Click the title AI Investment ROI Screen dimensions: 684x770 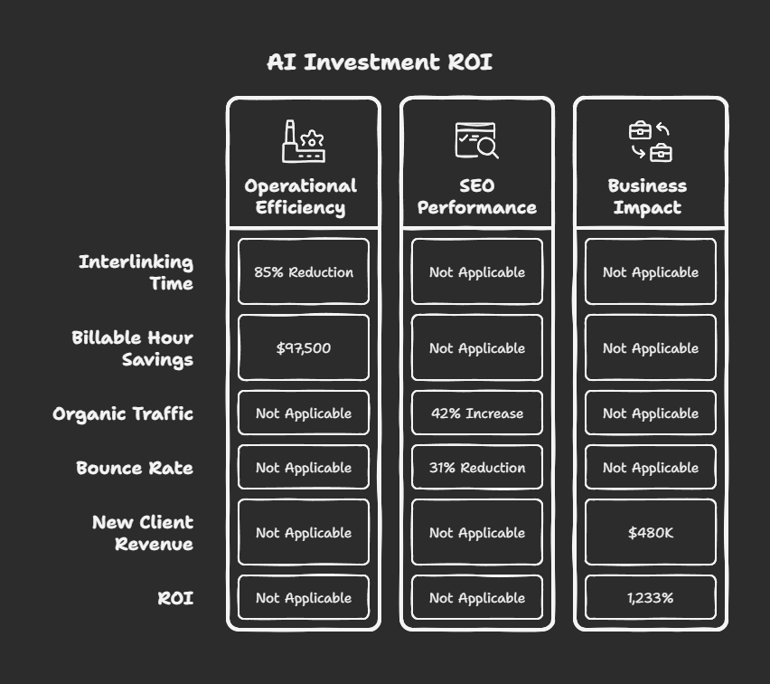pos(380,62)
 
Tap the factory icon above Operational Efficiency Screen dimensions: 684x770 pos(304,142)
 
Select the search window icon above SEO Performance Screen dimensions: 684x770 pos(476,141)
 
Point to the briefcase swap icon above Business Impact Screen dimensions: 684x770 pos(651,142)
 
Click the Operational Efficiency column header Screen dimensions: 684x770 pos(301,196)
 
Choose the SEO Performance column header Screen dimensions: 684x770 pos(476,196)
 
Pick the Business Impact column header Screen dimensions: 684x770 pos(647,196)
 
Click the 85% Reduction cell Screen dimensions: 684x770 pos(304,272)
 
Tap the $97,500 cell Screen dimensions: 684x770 pos(304,348)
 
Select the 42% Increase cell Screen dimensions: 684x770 pos(477,413)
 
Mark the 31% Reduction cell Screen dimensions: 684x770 pos(477,468)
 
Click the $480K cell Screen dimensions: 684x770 pos(651,533)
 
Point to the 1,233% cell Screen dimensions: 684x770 pos(651,598)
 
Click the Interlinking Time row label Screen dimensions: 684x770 pos(136,272)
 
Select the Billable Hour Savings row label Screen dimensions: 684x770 pos(133,348)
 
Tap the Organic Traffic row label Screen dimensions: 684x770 pos(123,413)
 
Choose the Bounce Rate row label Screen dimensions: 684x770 pos(135,468)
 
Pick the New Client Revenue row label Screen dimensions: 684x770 pos(143,533)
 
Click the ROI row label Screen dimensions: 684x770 pos(175,598)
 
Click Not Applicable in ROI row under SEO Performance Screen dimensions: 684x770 pos(477,598)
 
